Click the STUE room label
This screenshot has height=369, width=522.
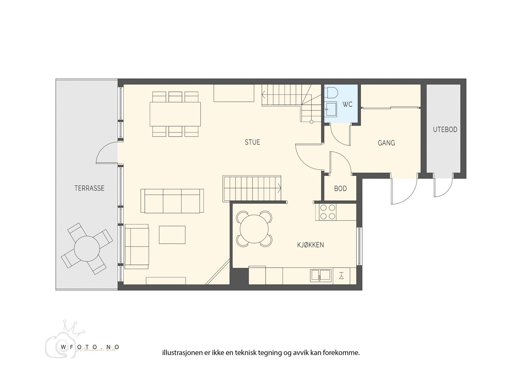[x=253, y=142]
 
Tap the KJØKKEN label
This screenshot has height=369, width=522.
[x=310, y=245]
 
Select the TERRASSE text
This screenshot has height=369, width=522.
[x=89, y=188]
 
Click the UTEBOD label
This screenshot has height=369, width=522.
[x=445, y=130]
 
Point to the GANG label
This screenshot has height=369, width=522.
[x=386, y=143]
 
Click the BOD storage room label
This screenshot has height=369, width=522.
[x=340, y=189]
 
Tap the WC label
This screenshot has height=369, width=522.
[x=347, y=104]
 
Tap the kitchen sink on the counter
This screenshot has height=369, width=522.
[x=321, y=275]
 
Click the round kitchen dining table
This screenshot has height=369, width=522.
[x=254, y=228]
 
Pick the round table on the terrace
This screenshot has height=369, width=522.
[x=87, y=249]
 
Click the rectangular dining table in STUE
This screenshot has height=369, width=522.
[x=175, y=114]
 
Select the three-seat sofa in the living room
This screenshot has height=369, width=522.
[x=172, y=201]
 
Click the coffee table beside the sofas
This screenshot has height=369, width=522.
[x=172, y=235]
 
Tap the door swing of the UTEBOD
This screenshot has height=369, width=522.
[x=443, y=188]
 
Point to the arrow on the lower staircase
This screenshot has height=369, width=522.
[x=279, y=187]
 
